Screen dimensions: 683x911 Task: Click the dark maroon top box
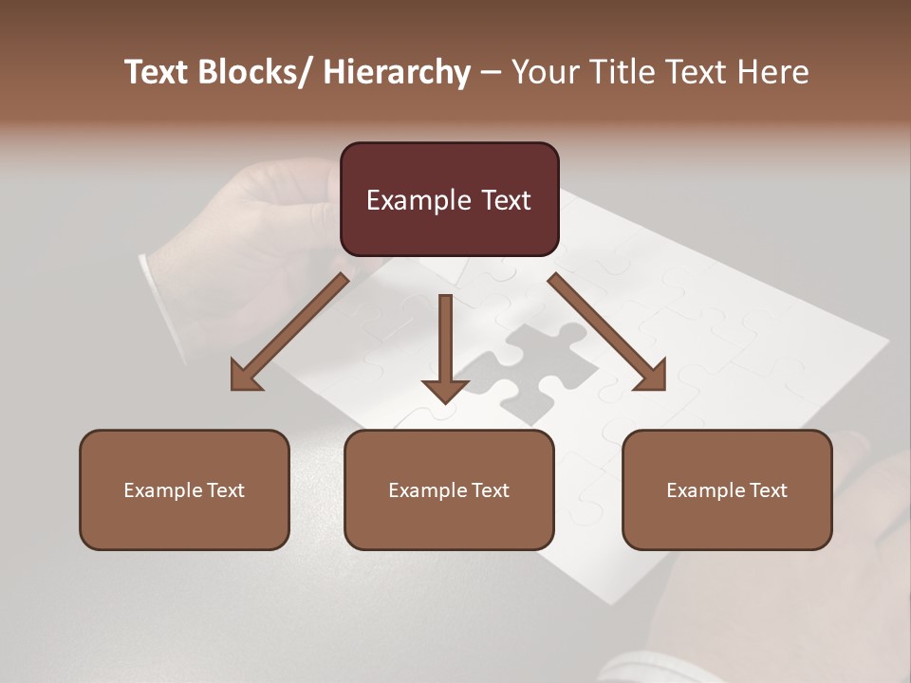[449, 199]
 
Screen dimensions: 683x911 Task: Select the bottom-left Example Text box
[184, 489]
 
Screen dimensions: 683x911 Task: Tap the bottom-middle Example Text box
[449, 489]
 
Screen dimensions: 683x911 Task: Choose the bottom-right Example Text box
[727, 489]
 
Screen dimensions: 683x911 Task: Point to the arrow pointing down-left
[289, 332]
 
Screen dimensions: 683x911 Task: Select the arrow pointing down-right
[607, 332]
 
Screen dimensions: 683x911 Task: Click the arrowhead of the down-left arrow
[245, 377]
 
